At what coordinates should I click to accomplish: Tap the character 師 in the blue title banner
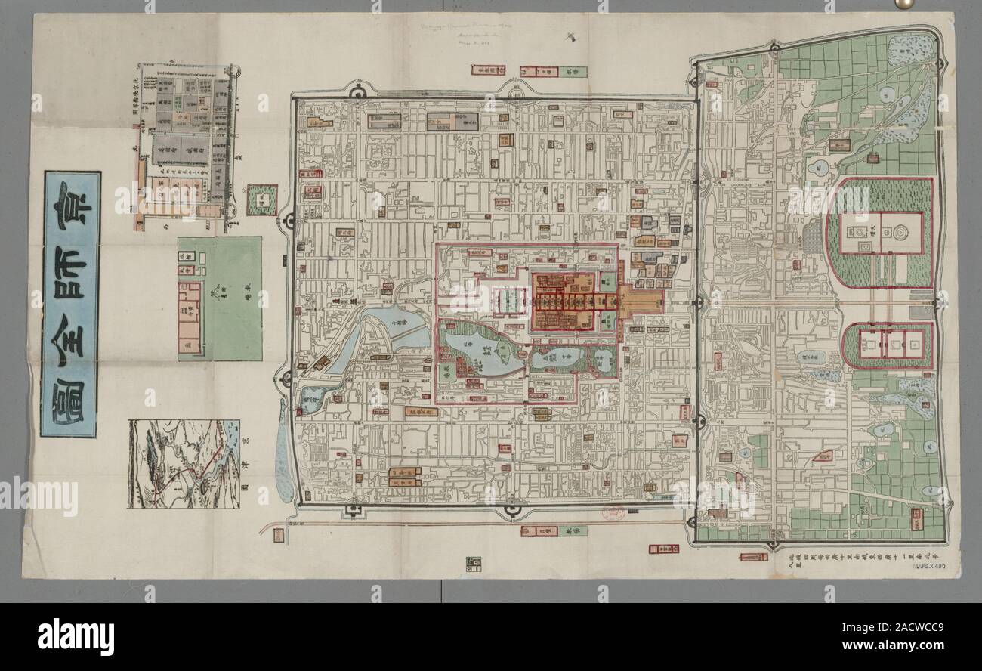[72, 270]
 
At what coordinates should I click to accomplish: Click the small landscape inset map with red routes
[184, 463]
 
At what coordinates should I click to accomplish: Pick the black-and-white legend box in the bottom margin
[474, 564]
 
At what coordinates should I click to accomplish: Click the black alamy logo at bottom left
[76, 635]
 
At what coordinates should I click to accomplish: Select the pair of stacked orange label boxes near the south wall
[405, 476]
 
